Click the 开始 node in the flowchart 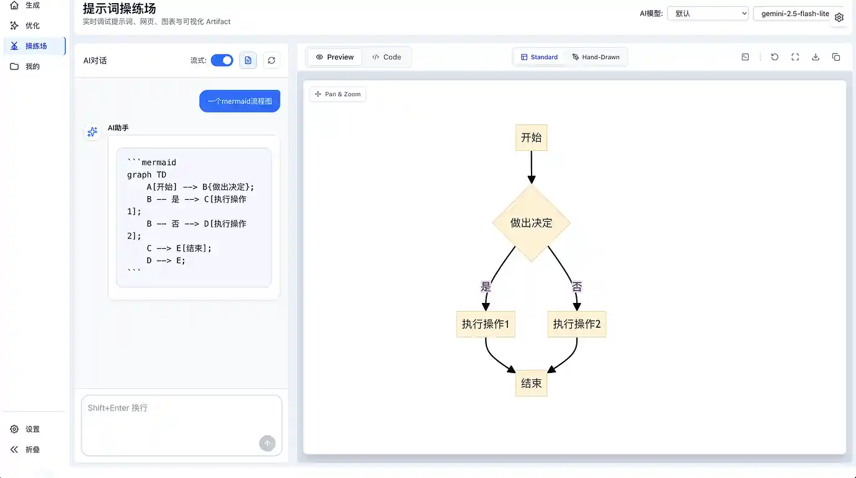(531, 138)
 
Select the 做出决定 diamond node (531, 223)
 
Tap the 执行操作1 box (486, 324)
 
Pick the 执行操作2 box (577, 324)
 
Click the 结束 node (531, 384)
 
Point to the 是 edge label (486, 287)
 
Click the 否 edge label (577, 287)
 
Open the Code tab (386, 57)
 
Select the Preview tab (335, 57)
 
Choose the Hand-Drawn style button (595, 57)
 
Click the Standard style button (539, 57)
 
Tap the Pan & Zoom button (337, 94)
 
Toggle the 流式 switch (221, 60)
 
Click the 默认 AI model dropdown (708, 14)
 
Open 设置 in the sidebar (32, 429)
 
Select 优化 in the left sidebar (32, 25)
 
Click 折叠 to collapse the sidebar (32, 449)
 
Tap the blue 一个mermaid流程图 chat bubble (239, 101)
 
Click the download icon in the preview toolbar (816, 57)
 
